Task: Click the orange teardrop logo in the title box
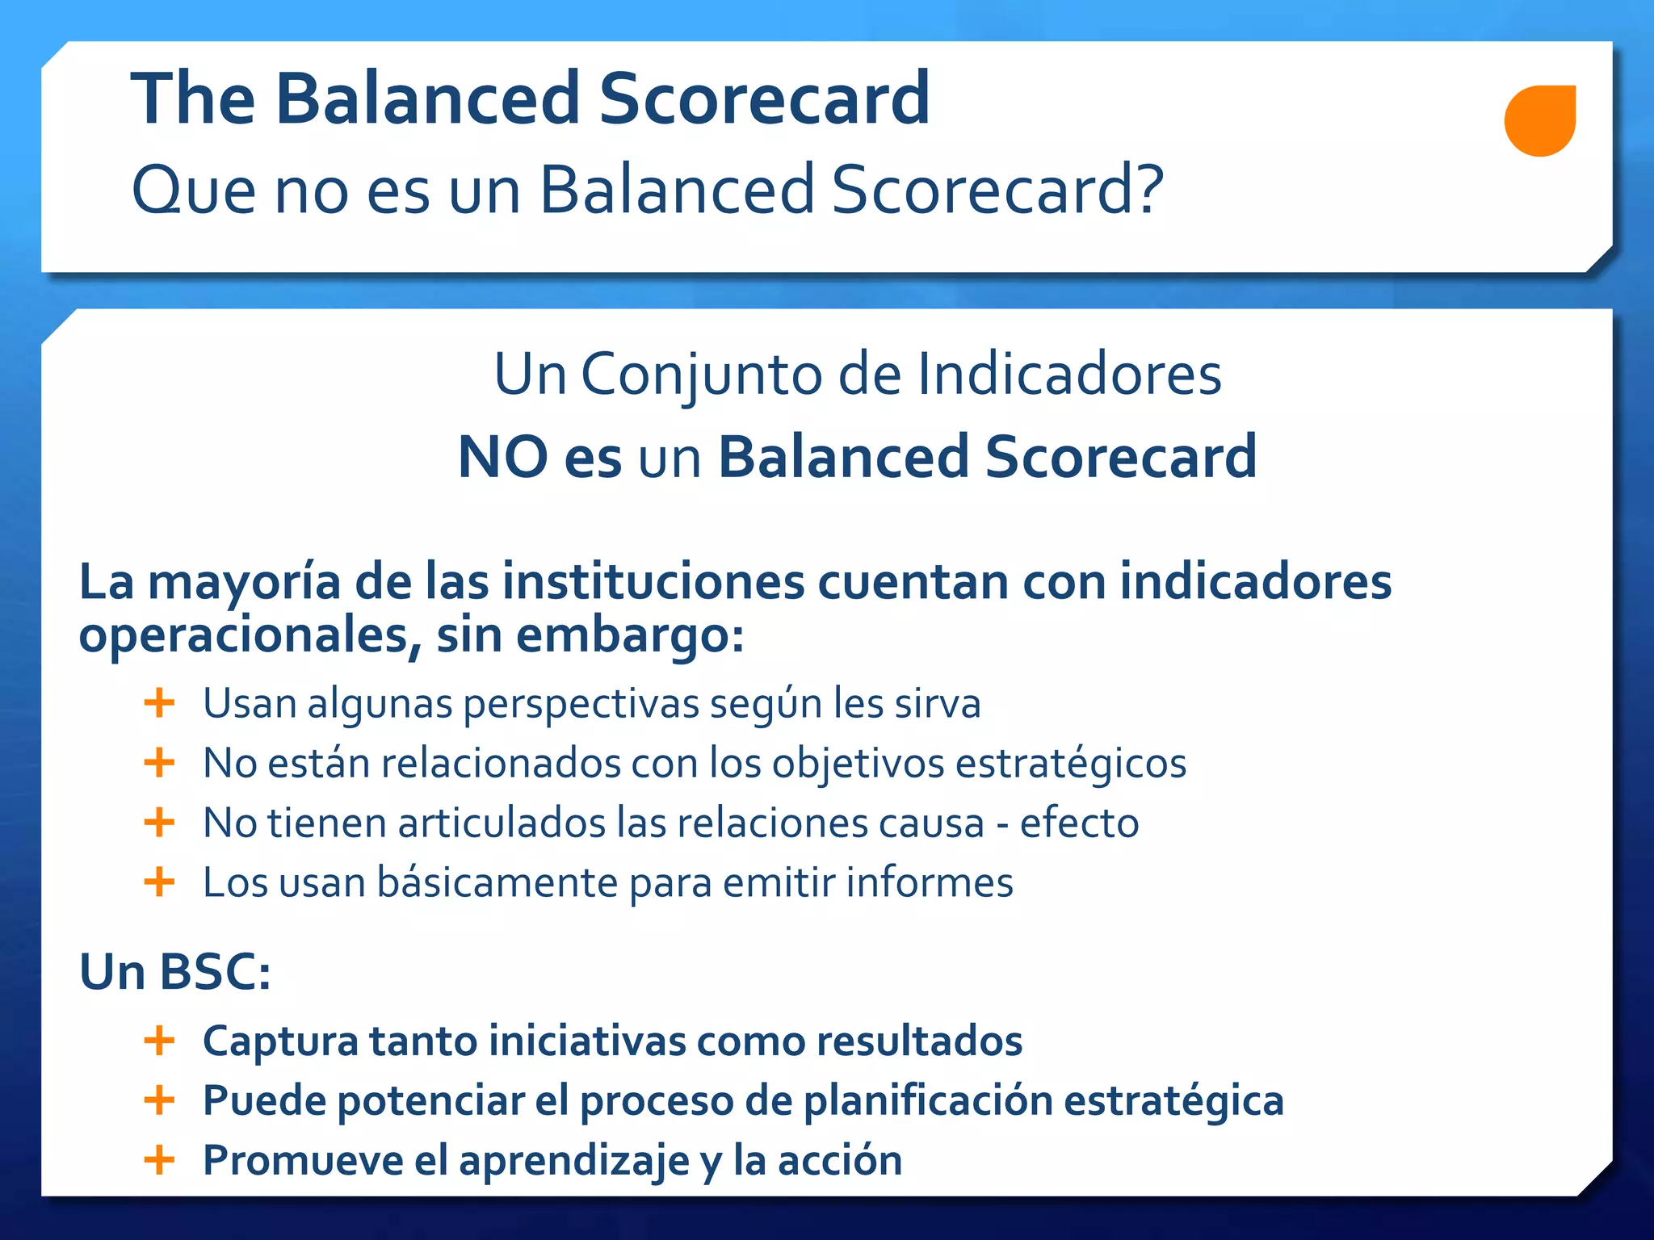(1539, 120)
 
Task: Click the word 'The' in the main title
(193, 99)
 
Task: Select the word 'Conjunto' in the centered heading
(701, 375)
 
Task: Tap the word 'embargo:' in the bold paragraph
(629, 635)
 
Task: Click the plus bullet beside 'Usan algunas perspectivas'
(159, 702)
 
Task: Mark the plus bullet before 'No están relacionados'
(159, 762)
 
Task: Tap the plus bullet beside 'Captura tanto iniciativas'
(159, 1040)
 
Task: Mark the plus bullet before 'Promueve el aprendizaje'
(159, 1160)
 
